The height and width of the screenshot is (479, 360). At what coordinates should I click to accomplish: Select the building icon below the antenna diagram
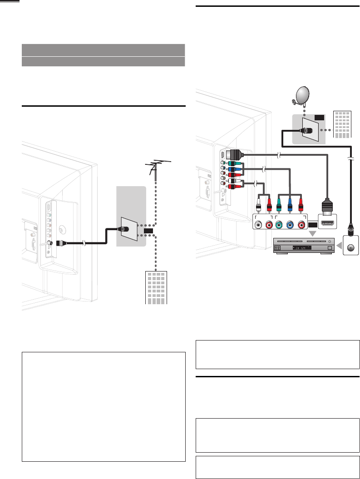156,286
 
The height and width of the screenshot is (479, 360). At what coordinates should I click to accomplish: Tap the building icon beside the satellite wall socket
342,123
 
